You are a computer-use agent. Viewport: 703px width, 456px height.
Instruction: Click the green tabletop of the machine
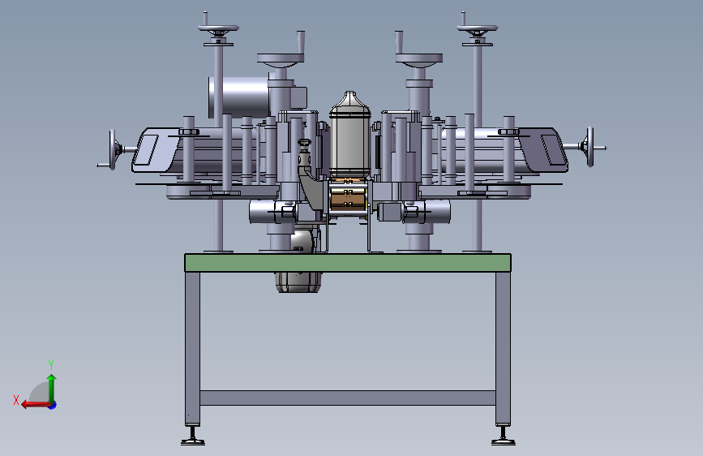348,263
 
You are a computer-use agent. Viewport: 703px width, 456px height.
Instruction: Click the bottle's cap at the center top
350,95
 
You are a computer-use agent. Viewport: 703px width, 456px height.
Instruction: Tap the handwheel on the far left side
112,150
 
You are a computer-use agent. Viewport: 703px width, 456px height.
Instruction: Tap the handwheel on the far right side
590,147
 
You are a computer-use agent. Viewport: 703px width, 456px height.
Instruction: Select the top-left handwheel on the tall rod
218,29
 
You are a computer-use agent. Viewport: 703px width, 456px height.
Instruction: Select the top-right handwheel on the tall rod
477,29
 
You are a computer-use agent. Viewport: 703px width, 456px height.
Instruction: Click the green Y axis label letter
51,364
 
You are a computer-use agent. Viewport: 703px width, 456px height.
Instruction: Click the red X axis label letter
16,400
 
